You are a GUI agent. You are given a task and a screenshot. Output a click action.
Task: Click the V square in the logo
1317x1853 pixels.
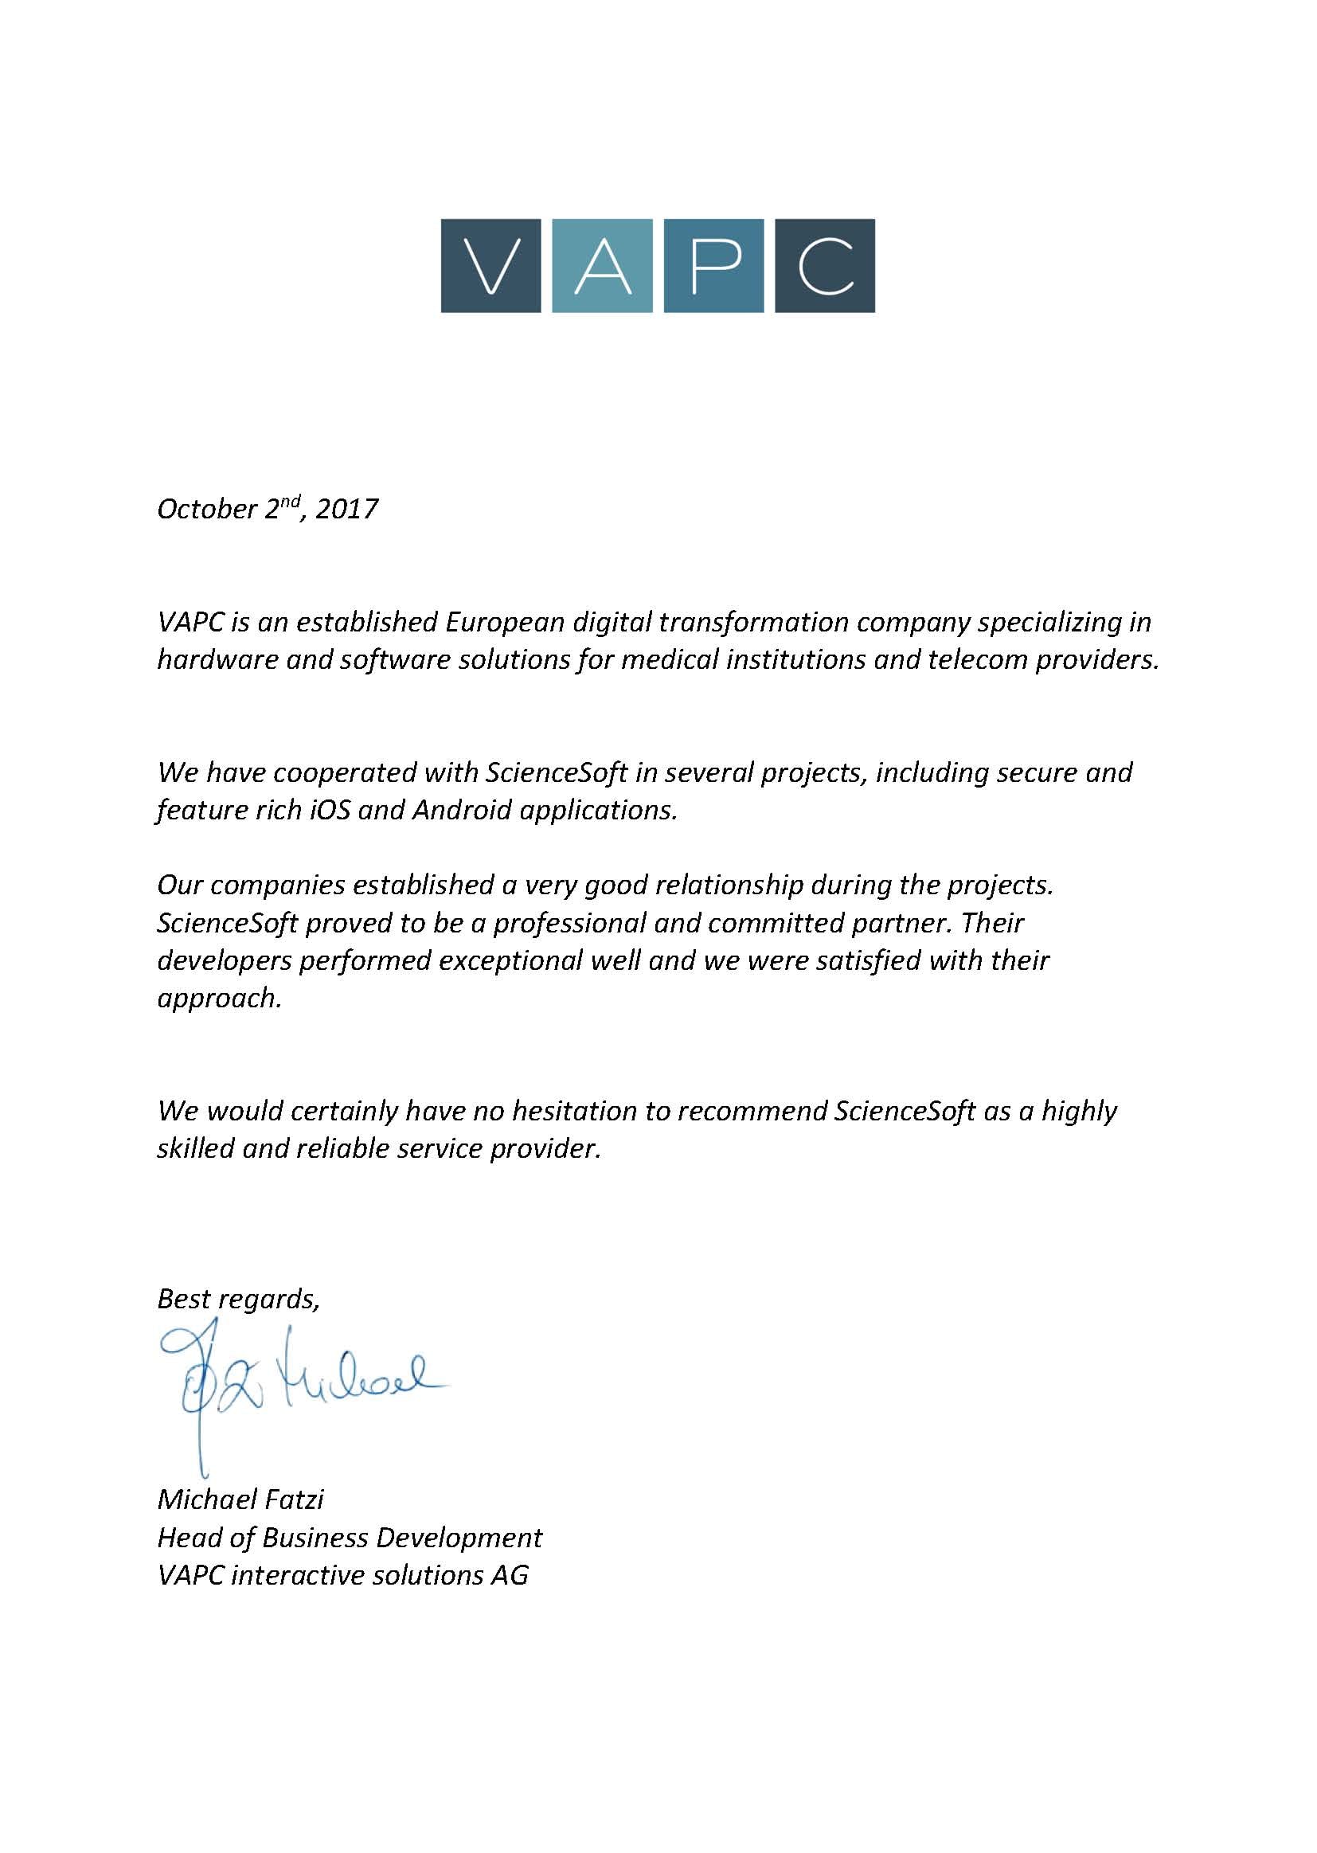pos(490,265)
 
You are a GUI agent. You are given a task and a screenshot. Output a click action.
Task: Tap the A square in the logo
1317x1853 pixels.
pos(602,265)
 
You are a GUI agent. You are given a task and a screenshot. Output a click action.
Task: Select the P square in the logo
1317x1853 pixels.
pos(713,265)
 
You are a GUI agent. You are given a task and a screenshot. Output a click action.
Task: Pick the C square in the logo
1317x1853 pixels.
pos(825,265)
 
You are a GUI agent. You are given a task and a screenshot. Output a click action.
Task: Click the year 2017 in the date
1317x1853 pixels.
pos(346,510)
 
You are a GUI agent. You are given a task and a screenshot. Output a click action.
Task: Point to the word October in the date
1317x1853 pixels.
pos(207,510)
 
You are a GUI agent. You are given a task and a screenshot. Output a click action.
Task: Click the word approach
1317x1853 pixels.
pos(219,999)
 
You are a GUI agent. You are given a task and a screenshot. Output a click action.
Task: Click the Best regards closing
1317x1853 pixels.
pos(238,1298)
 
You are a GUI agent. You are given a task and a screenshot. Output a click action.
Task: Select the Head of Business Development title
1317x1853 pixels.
pos(350,1538)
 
